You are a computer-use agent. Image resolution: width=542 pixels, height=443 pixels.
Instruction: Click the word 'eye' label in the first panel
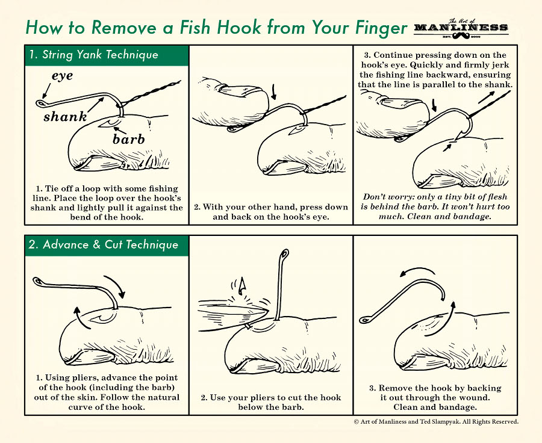click(63, 76)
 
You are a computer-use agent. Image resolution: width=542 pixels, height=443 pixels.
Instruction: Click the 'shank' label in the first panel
click(65, 117)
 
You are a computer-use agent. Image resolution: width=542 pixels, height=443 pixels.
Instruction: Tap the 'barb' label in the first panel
click(129, 140)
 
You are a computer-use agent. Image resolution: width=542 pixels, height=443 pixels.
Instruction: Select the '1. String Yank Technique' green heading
click(93, 55)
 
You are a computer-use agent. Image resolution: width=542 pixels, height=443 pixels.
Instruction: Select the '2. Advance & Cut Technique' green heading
click(103, 245)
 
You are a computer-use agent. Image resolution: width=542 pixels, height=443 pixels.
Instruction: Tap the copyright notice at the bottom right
click(435, 422)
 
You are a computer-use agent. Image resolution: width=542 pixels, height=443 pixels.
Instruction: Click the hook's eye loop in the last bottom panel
click(364, 320)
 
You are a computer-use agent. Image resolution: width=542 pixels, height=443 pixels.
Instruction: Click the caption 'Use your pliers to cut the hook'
click(271, 398)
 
